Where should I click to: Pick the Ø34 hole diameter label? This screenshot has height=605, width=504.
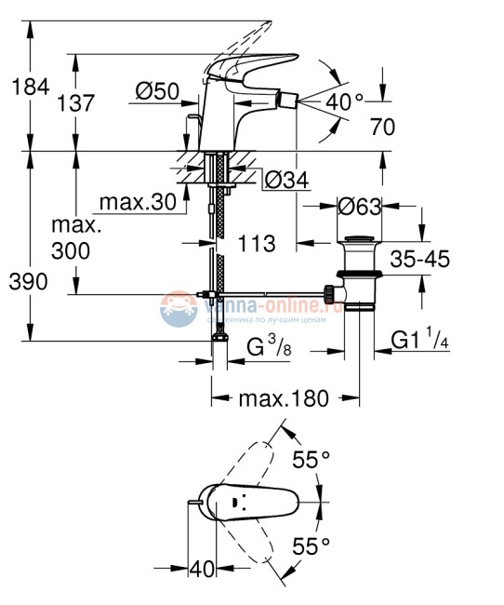click(286, 179)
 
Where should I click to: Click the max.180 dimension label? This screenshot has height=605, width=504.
click(284, 398)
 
